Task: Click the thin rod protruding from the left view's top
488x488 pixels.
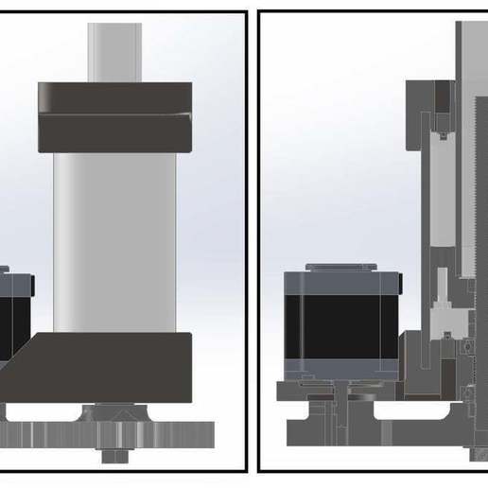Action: [x=114, y=52]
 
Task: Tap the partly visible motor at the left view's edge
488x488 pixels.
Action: [x=14, y=317]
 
